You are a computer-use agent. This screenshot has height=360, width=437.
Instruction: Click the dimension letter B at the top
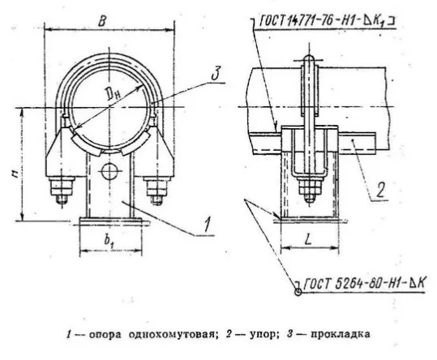[102, 20]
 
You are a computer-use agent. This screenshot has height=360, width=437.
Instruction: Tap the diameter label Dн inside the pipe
[114, 95]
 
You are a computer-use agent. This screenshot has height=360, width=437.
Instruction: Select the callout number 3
[215, 73]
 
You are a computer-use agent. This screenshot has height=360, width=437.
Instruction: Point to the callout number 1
[206, 225]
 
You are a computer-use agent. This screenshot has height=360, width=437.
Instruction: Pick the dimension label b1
[109, 241]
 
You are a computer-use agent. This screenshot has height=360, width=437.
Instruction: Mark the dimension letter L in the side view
[307, 239]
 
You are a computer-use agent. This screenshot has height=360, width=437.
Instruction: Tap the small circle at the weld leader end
[298, 293]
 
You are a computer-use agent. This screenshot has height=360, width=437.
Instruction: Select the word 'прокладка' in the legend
[340, 334]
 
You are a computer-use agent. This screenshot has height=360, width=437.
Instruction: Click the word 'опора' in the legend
[105, 334]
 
